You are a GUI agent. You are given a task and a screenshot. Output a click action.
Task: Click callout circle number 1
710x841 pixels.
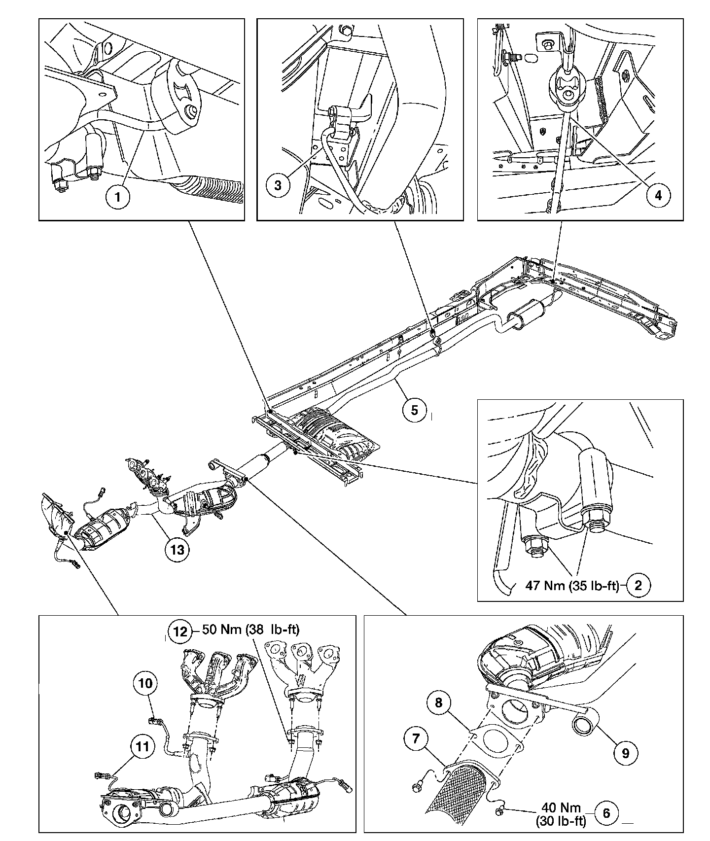pos(117,197)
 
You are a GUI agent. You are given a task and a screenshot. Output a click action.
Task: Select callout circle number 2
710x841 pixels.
pos(639,586)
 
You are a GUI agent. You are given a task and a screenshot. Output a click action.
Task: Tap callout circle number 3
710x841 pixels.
pos(278,185)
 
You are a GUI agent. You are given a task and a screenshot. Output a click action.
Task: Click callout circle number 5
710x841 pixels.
pos(414,410)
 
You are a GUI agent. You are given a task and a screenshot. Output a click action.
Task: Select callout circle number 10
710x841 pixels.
pos(145,683)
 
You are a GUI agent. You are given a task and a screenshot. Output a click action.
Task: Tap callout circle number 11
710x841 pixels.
pos(142,747)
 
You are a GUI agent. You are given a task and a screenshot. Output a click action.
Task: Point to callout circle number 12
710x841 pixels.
pos(180,631)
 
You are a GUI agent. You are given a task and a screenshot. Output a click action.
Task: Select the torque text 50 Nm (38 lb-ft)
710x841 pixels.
pos(250,630)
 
